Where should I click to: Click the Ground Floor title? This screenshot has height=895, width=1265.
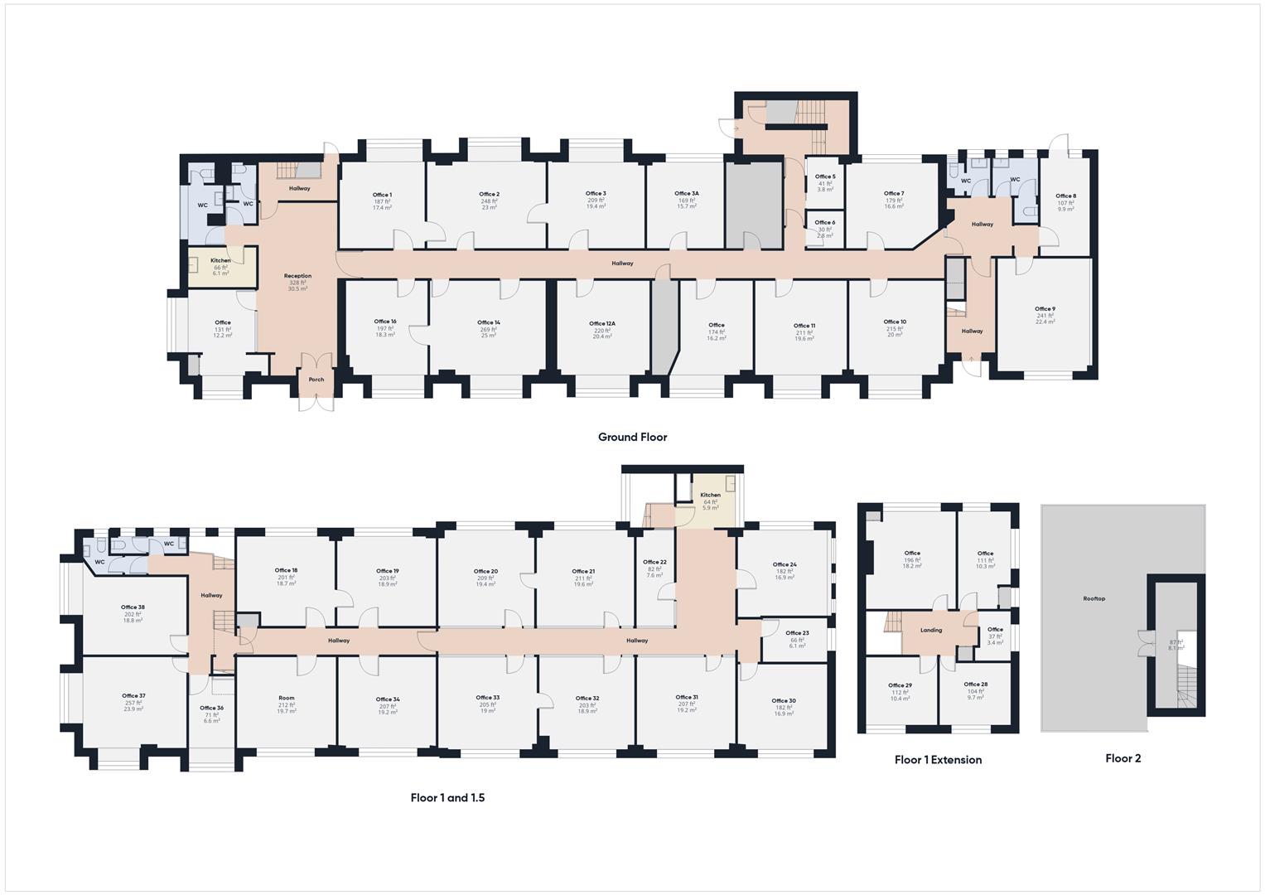tap(632, 437)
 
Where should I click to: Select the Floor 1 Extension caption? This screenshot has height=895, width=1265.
tap(938, 759)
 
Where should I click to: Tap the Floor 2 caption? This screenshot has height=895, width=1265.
tap(1123, 757)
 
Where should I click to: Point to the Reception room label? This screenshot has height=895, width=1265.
tap(297, 276)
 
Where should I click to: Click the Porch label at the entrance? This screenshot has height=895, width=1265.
tap(316, 380)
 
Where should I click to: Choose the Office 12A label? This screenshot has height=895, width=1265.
tap(602, 324)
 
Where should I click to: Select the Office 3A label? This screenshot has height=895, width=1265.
tap(687, 193)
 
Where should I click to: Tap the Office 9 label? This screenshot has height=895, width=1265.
tap(1045, 309)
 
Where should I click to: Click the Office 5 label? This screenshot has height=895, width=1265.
tap(825, 177)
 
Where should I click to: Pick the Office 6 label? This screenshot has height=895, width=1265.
tap(825, 222)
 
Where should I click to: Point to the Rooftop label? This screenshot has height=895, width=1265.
tap(1094, 598)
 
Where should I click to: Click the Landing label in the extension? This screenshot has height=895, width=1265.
tap(931, 630)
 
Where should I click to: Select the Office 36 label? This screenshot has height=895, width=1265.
tap(211, 708)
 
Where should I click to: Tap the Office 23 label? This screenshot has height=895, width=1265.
tap(797, 633)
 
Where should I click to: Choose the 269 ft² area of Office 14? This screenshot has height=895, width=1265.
tap(489, 329)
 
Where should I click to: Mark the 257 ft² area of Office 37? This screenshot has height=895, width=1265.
tap(133, 703)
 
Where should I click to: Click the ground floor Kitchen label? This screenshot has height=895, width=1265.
tap(220, 260)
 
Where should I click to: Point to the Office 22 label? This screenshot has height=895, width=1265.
tap(654, 562)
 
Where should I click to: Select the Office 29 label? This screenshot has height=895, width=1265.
tap(900, 685)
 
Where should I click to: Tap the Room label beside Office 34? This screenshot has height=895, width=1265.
tap(286, 698)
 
